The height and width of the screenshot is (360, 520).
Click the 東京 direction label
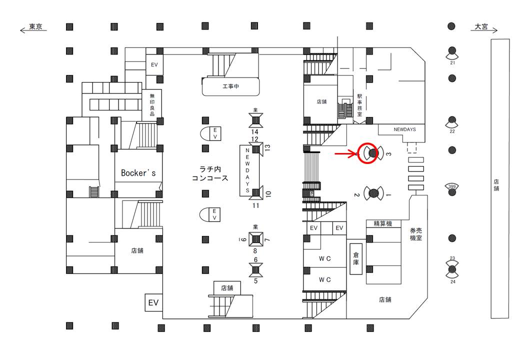tap(35, 26)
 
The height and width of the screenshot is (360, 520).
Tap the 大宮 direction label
tap(481, 26)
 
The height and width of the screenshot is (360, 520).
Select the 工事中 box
tap(231, 86)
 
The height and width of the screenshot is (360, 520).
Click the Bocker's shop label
tap(138, 172)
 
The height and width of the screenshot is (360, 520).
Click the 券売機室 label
tap(415, 234)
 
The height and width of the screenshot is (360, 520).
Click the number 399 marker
tap(452, 187)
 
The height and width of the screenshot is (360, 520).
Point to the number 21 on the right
tap(452, 62)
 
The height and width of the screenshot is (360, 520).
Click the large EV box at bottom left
tap(152, 302)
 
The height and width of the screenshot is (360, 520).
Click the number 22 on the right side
tap(452, 131)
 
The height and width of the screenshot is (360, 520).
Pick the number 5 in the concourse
tap(255, 280)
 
